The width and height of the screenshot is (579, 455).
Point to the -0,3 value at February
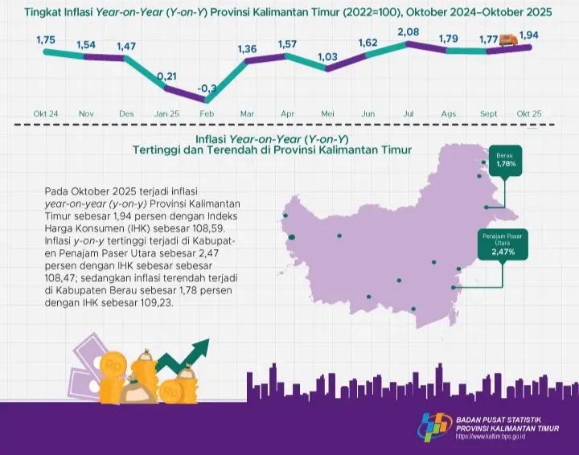coord(207,88)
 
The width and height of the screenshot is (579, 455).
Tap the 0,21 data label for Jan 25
coord(167,76)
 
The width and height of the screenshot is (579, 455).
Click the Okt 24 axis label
coord(45,114)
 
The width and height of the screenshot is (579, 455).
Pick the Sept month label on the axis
coord(490,114)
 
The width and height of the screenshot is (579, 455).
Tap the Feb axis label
coord(207,114)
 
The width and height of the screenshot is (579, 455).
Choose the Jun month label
coord(368,114)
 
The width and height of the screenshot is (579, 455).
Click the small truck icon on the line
coord(507,39)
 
